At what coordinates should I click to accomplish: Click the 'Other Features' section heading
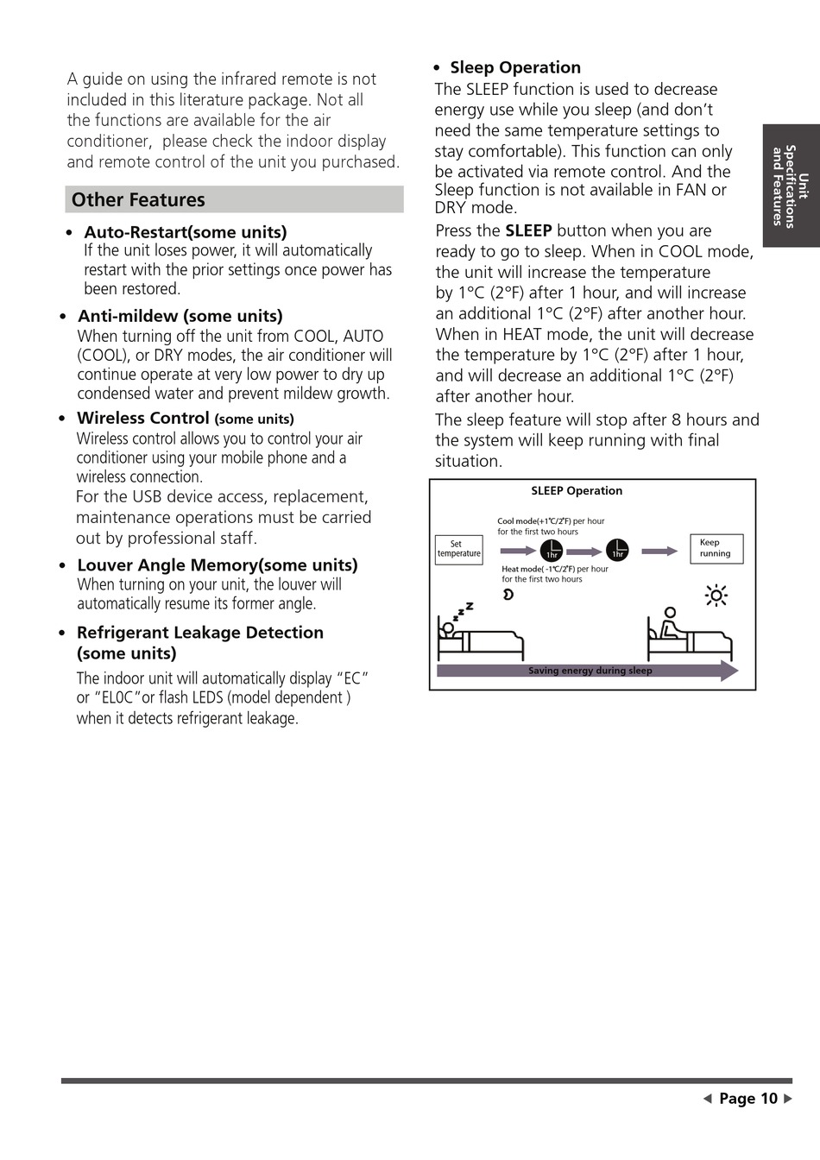(138, 200)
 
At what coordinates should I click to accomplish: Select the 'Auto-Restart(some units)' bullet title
(185, 232)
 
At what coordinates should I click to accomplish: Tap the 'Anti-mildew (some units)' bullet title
(180, 316)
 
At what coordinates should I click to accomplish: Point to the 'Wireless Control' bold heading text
(142, 419)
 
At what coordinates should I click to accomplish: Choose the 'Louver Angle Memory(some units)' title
(217, 565)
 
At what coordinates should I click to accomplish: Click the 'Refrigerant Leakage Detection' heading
(199, 633)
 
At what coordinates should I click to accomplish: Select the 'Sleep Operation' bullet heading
(514, 67)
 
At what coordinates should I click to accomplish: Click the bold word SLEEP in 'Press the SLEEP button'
(528, 230)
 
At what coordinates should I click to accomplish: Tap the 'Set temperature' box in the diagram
(458, 549)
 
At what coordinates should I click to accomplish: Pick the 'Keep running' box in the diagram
(716, 549)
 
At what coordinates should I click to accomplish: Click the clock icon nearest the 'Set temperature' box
(552, 551)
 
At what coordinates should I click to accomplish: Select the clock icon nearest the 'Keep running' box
(617, 550)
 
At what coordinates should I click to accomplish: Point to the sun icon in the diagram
(716, 596)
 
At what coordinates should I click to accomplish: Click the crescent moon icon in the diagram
(508, 594)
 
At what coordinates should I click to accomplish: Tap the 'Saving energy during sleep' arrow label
(590, 671)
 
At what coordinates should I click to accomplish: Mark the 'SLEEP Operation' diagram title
(577, 491)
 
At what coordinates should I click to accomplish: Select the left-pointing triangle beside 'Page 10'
(707, 1099)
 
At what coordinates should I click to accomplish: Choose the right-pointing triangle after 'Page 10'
(787, 1099)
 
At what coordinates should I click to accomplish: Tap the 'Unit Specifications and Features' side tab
(790, 186)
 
